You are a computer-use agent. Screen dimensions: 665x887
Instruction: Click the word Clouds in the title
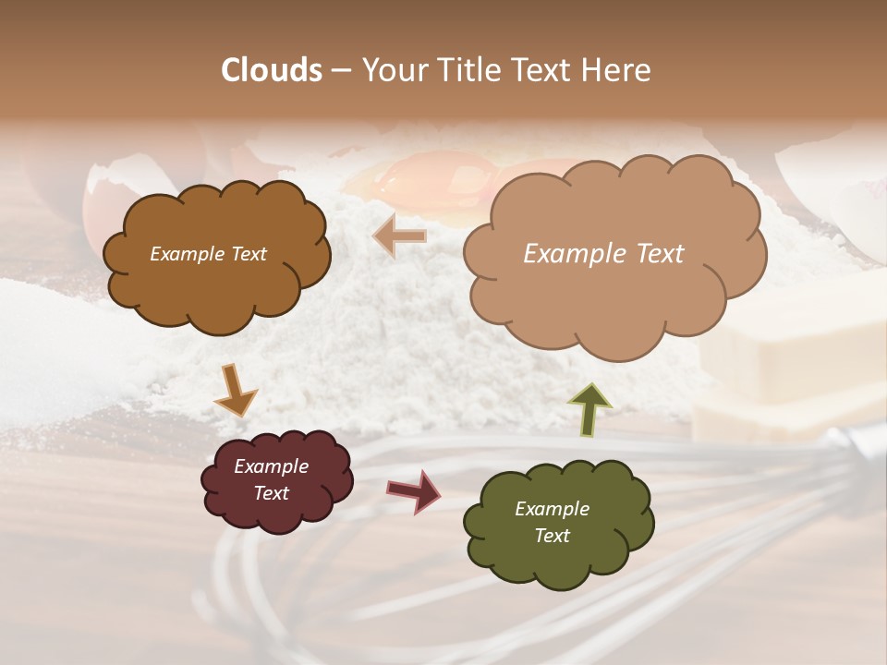(x=272, y=70)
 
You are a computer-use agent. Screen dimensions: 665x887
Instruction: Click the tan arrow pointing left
(x=399, y=236)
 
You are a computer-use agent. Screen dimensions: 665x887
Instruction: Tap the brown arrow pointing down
(x=235, y=391)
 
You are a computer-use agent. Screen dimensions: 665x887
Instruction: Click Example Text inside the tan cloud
(x=603, y=254)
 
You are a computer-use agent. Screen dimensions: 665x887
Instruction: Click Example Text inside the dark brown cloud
(x=208, y=254)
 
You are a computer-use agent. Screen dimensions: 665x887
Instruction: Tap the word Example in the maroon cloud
(x=271, y=466)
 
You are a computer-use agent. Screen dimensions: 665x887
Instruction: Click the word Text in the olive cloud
(x=552, y=536)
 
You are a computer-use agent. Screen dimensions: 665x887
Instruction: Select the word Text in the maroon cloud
(x=271, y=493)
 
